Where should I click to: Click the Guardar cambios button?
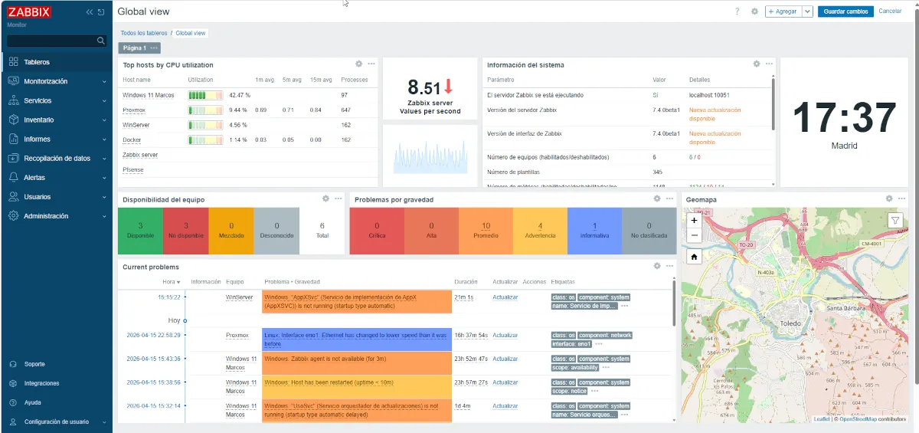coord(845,11)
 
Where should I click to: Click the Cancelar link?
coord(890,11)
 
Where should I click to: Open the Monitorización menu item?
coord(46,81)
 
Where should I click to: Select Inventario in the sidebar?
coord(39,120)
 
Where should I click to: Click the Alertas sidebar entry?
coord(34,178)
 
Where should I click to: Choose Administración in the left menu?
coord(46,216)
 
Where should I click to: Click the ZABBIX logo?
coord(28,12)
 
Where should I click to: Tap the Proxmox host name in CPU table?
coord(134,110)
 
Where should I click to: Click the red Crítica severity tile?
coord(376,231)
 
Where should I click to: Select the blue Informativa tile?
coord(594,231)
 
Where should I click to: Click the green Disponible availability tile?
coord(140,231)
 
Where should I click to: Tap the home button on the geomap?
coord(694,257)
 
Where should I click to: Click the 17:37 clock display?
coord(844,119)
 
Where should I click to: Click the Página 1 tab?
coord(135,48)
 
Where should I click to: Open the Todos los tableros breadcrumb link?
coord(144,33)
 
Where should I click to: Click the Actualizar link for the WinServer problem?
coord(505,297)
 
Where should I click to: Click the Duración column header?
coord(466,282)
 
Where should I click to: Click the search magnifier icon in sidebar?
coord(100,41)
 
